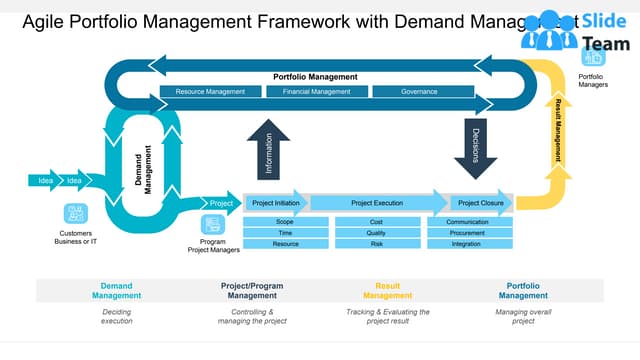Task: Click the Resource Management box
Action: (210, 92)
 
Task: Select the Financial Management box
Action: (316, 92)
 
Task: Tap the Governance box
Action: (419, 92)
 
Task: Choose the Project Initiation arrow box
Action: (275, 202)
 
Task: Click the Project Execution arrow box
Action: (377, 202)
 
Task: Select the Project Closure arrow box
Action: (481, 202)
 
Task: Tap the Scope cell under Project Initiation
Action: (285, 221)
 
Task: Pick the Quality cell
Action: (376, 232)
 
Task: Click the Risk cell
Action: (376, 244)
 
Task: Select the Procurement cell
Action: (468, 232)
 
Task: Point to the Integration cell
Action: (468, 244)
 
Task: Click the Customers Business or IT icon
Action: (75, 213)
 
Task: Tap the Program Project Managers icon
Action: (212, 225)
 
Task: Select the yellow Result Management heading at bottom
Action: (387, 291)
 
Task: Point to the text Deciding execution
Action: (116, 317)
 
